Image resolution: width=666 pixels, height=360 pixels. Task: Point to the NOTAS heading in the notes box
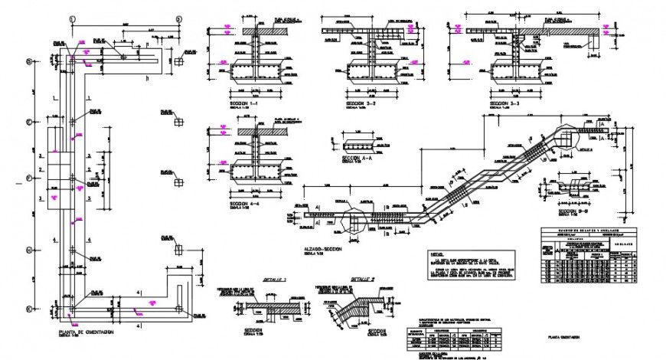click(437, 253)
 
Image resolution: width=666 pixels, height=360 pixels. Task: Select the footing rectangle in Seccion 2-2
click(372, 72)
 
